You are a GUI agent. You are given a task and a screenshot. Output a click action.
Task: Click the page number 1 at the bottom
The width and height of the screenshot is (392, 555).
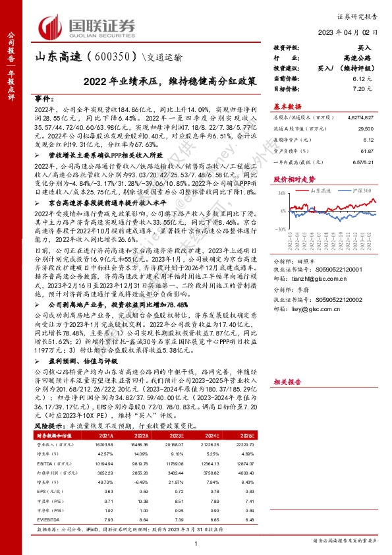coord(196,543)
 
